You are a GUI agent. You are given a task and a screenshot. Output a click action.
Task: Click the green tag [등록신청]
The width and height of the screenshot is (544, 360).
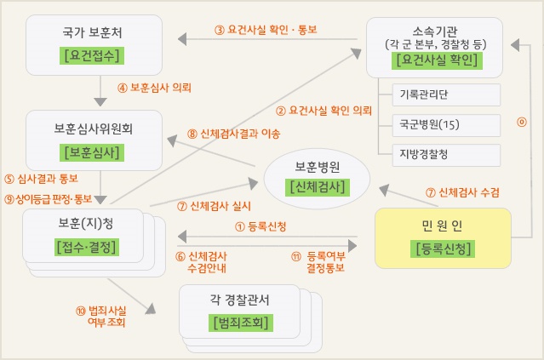442,249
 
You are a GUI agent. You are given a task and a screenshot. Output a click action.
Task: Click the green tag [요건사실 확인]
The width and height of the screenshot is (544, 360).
435,60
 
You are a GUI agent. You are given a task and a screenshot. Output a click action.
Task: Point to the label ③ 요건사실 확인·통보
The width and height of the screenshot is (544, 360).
266,29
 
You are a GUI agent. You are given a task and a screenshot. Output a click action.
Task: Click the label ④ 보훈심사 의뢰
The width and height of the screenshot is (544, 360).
154,88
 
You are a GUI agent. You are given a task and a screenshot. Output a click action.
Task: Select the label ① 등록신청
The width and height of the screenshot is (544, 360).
260,226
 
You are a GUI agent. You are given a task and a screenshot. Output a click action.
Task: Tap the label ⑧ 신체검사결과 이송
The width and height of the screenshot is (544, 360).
234,134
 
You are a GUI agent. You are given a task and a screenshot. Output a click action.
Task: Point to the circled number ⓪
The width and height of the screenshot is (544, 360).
522,122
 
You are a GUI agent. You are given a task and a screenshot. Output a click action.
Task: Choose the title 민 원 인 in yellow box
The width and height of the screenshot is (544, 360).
442,226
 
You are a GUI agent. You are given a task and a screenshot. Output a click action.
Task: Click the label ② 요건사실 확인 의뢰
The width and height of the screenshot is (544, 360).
324,111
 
